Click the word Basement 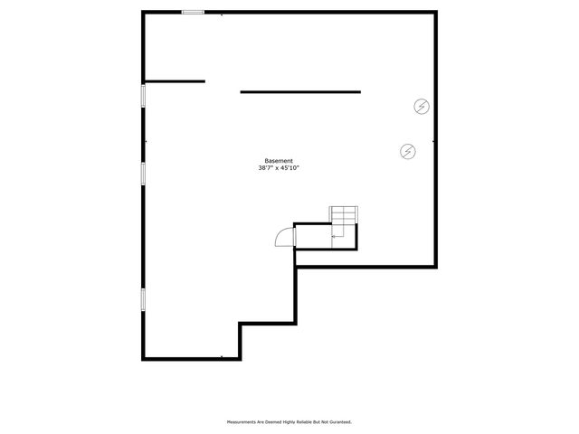coord(279,161)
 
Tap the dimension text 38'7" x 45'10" coord(279,168)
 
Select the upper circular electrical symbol coord(422,106)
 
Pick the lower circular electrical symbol coord(408,151)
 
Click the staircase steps coord(345,215)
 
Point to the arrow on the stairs coord(337,235)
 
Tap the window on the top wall coord(192,12)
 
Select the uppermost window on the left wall coord(143,97)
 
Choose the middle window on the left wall coord(143,173)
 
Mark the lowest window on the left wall coord(143,299)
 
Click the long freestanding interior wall coord(300,91)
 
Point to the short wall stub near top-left coord(175,81)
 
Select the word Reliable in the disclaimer coord(299,422)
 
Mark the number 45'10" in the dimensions coord(289,168)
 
